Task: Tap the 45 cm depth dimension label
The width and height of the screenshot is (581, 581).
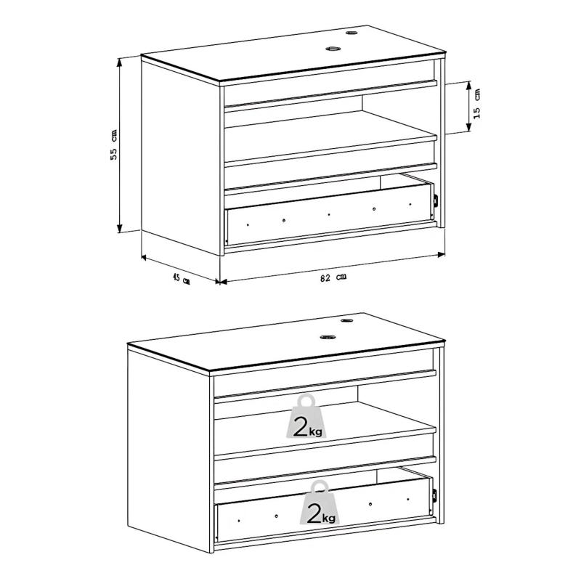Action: coord(181,278)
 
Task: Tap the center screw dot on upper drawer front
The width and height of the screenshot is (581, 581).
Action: coord(329,214)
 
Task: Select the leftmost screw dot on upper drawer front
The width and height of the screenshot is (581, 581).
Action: coord(248,224)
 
